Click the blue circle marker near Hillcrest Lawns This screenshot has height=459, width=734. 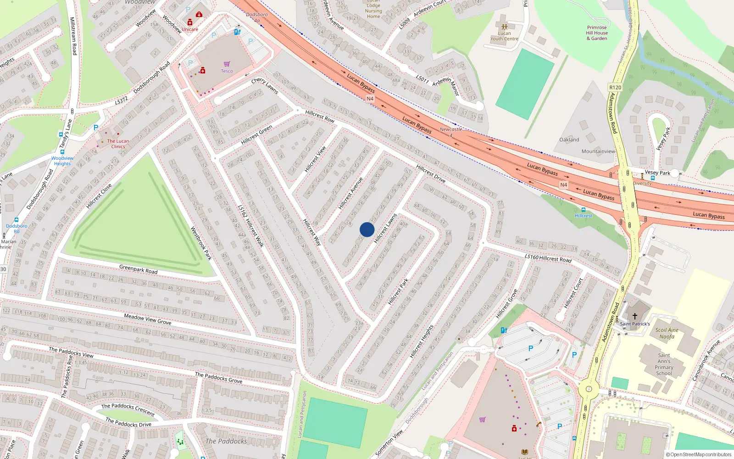click(x=367, y=229)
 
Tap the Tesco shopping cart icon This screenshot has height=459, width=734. click(x=227, y=64)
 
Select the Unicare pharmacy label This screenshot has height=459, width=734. click(x=190, y=29)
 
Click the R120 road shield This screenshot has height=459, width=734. click(x=615, y=87)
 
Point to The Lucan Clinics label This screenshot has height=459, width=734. click(x=118, y=144)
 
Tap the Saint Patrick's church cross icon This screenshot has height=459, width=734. click(x=635, y=316)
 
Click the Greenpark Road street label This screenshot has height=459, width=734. click(x=138, y=269)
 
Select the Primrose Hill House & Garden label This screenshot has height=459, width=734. click(x=597, y=33)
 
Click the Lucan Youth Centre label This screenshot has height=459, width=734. click(x=504, y=36)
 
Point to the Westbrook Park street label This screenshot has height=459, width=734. click(x=201, y=243)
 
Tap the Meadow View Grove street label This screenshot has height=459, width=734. click(x=148, y=319)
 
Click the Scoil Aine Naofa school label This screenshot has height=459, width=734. click(x=667, y=333)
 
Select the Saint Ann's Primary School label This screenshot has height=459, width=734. click(x=664, y=364)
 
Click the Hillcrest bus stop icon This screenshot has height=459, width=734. click(x=583, y=210)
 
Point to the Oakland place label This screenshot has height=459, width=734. click(x=569, y=140)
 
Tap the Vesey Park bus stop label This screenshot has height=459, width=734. click(x=657, y=173)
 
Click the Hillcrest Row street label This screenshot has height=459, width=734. click(x=320, y=116)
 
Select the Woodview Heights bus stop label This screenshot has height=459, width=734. click(x=62, y=161)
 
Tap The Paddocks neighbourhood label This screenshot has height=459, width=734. click(x=226, y=441)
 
